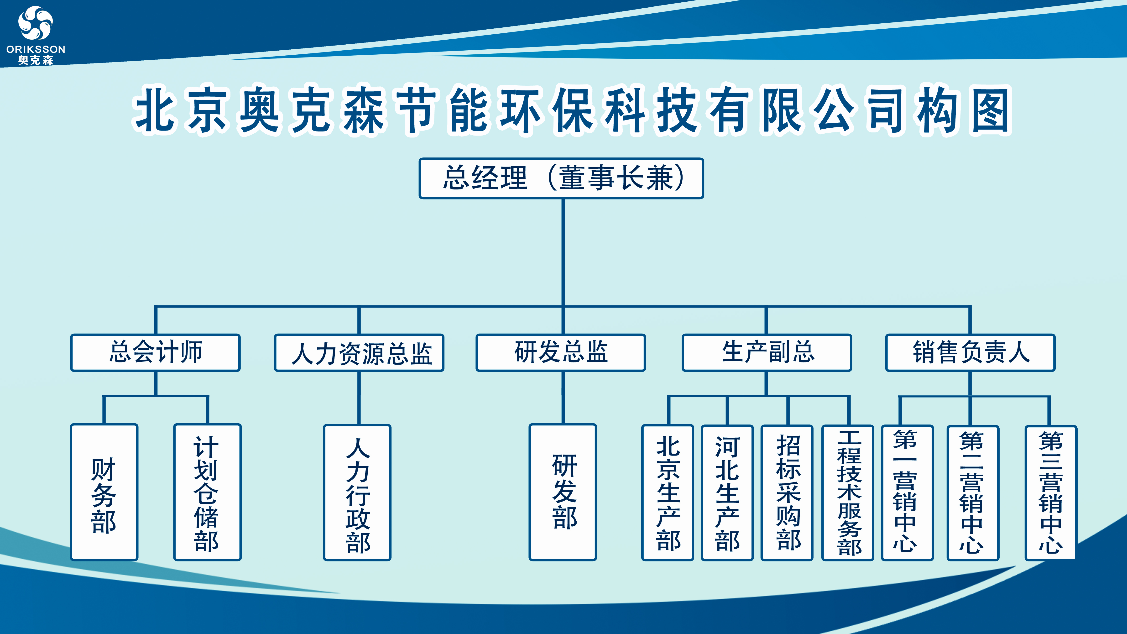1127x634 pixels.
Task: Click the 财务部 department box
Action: click(x=104, y=492)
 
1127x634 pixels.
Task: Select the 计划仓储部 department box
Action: click(x=207, y=492)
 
